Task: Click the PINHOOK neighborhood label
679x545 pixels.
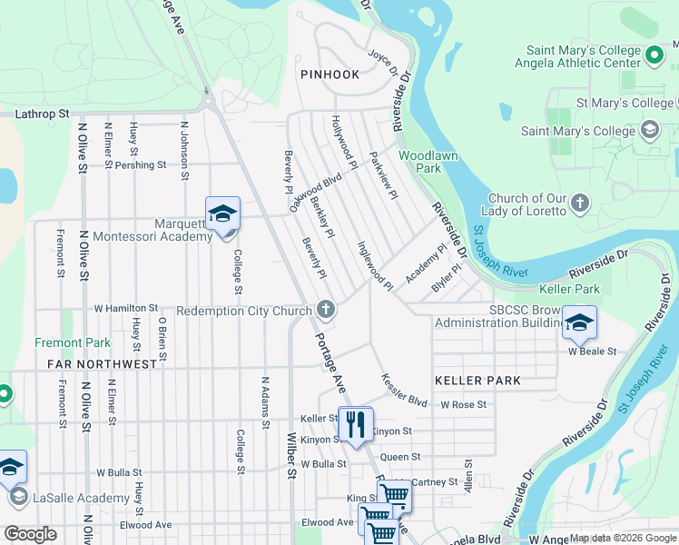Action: tap(330, 74)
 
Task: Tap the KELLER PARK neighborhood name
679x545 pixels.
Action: tap(477, 381)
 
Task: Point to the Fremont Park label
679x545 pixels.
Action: tap(73, 342)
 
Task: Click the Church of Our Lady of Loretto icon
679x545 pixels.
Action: tap(580, 205)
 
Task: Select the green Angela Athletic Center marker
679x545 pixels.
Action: tap(654, 57)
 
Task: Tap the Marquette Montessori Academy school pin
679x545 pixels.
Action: tap(222, 214)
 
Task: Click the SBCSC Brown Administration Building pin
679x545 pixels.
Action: tap(578, 322)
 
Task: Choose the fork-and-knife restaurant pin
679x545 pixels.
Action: tap(355, 423)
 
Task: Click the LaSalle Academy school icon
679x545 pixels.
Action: tap(17, 498)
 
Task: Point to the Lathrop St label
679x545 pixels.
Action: tap(43, 114)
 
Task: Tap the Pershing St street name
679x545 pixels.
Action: tap(140, 165)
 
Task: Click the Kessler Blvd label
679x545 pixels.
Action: tap(404, 389)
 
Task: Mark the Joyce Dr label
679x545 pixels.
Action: tap(382, 61)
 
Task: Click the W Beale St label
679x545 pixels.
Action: tap(592, 351)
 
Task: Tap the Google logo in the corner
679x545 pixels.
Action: tap(30, 534)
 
